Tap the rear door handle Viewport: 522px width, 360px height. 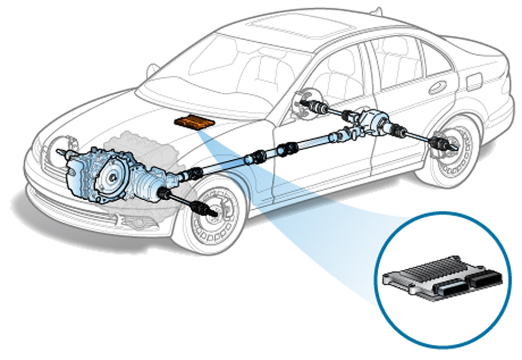click(437, 87)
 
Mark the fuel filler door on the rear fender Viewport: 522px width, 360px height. click(475, 81)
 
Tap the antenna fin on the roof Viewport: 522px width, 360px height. click(377, 11)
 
